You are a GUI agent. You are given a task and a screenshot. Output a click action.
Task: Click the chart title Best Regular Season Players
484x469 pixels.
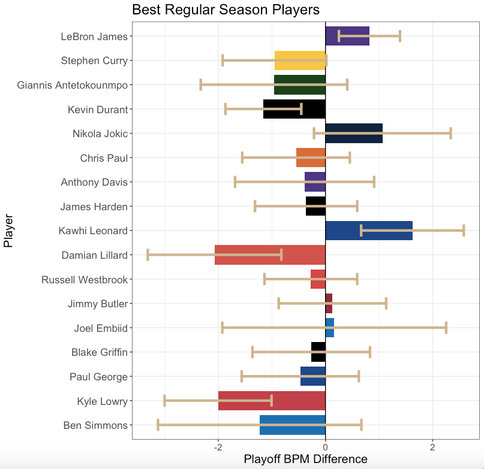[226, 10]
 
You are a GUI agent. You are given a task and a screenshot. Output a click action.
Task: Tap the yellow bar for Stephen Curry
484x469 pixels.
[300, 60]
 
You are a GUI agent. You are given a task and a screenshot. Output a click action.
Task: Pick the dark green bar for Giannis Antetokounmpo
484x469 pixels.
[299, 85]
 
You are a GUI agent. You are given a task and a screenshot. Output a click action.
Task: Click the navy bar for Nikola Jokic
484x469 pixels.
[354, 134]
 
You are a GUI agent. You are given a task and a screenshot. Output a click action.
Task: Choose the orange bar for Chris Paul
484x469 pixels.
[311, 158]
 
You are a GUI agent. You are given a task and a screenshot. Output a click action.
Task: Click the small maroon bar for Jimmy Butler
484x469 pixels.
[329, 304]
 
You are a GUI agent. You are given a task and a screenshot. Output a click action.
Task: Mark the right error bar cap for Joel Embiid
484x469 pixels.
[446, 328]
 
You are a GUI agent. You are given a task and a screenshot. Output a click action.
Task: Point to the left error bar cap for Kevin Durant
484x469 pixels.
[226, 109]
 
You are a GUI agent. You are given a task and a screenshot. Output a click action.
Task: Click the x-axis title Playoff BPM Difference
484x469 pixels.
[305, 459]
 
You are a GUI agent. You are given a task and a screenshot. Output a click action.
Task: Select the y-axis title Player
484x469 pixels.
[8, 231]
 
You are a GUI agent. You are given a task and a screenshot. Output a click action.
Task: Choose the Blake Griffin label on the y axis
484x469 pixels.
[100, 352]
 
